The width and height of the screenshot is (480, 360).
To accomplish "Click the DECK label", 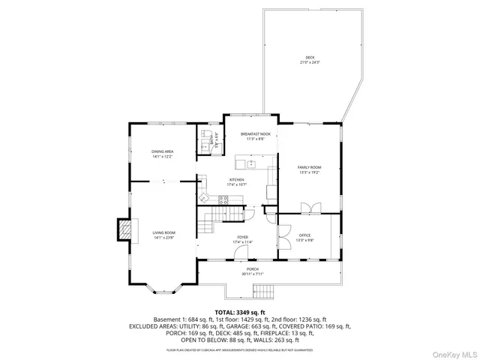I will click(x=310, y=58).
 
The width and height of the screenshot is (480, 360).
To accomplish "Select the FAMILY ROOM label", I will click(x=309, y=168).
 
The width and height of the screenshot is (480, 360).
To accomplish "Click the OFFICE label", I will click(x=304, y=237).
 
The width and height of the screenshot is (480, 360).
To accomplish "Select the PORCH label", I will click(x=251, y=271).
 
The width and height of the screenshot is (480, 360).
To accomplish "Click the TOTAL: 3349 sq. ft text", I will click(x=239, y=311).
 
